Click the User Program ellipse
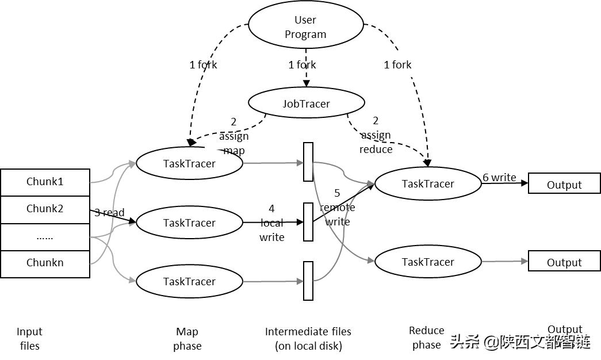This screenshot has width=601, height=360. [x=305, y=26]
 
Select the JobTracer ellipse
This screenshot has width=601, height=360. [x=306, y=104]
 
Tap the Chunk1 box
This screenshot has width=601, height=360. [x=45, y=182]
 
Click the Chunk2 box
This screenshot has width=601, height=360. [x=45, y=209]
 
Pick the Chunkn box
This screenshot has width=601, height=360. [x=45, y=263]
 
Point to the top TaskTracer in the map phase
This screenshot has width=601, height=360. [x=189, y=163]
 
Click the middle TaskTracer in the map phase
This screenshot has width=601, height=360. [x=189, y=223]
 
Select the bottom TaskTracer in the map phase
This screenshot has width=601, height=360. [x=189, y=281]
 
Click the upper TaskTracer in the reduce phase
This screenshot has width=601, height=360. [x=427, y=183]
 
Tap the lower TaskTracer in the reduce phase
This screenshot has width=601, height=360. [x=427, y=262]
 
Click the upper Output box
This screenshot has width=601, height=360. [x=564, y=184]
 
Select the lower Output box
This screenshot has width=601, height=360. [x=564, y=262]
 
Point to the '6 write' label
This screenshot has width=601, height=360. [x=499, y=177]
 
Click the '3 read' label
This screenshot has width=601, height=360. [x=109, y=213]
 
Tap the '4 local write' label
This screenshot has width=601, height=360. [x=272, y=223]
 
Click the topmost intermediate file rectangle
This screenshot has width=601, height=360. [x=308, y=162]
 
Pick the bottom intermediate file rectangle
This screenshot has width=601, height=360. [x=308, y=281]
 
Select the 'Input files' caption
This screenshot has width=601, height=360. [x=29, y=338]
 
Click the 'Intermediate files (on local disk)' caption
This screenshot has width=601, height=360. [x=308, y=338]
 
